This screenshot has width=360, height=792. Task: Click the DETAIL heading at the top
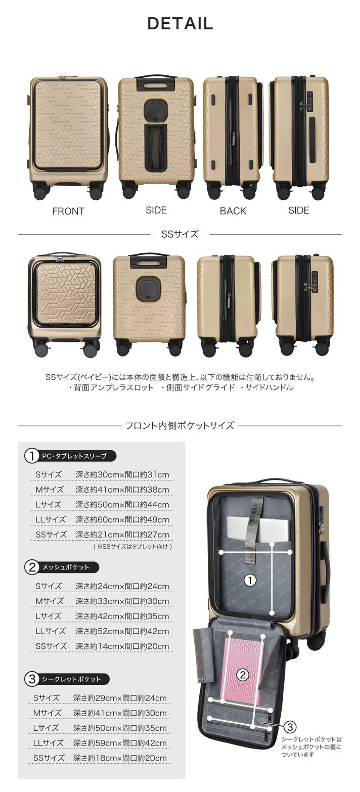click(x=180, y=24)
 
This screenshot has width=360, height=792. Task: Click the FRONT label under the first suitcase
click(x=68, y=211)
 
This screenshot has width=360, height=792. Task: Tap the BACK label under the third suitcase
click(x=233, y=211)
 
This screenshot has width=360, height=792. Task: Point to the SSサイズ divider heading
click(x=179, y=234)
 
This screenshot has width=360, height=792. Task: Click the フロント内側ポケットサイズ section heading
click(x=179, y=425)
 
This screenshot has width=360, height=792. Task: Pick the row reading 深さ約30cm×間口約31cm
click(x=122, y=474)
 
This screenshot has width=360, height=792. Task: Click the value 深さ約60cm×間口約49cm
click(x=122, y=519)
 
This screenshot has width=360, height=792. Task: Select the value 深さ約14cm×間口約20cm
click(x=122, y=646)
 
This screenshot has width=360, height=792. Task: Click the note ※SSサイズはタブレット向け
click(x=133, y=546)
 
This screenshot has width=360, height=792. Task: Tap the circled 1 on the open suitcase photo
click(x=250, y=580)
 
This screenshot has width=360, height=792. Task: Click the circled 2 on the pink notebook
click(x=243, y=675)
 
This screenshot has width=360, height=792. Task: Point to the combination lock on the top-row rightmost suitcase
click(x=308, y=101)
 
